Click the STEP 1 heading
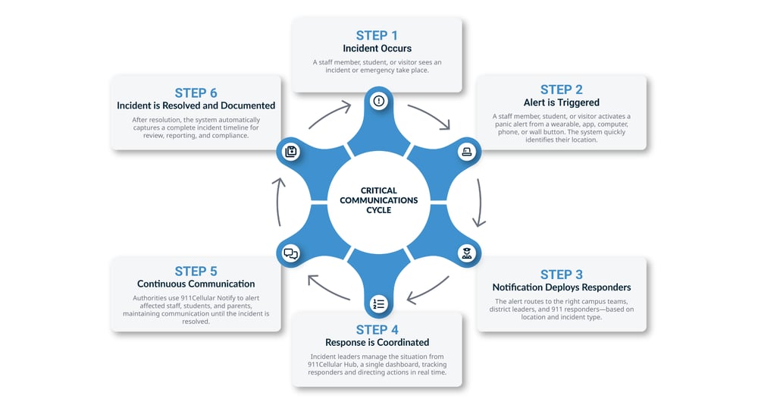click(377, 35)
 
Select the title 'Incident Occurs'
click(377, 49)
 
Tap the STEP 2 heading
click(561, 89)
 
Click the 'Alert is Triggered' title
click(561, 102)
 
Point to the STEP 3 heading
click(561, 275)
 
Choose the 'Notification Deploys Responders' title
click(561, 287)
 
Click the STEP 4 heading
click(377, 329)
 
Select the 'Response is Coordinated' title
click(377, 342)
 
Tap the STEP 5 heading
click(196, 271)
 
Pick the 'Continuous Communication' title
click(196, 284)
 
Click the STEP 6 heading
click(196, 93)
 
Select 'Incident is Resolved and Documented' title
click(196, 105)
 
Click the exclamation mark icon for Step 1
click(378, 101)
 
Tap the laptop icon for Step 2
click(466, 152)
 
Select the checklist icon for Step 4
click(378, 304)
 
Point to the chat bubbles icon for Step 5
click(290, 254)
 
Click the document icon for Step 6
click(290, 152)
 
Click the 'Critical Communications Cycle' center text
click(378, 200)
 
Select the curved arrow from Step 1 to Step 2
click(431, 115)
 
